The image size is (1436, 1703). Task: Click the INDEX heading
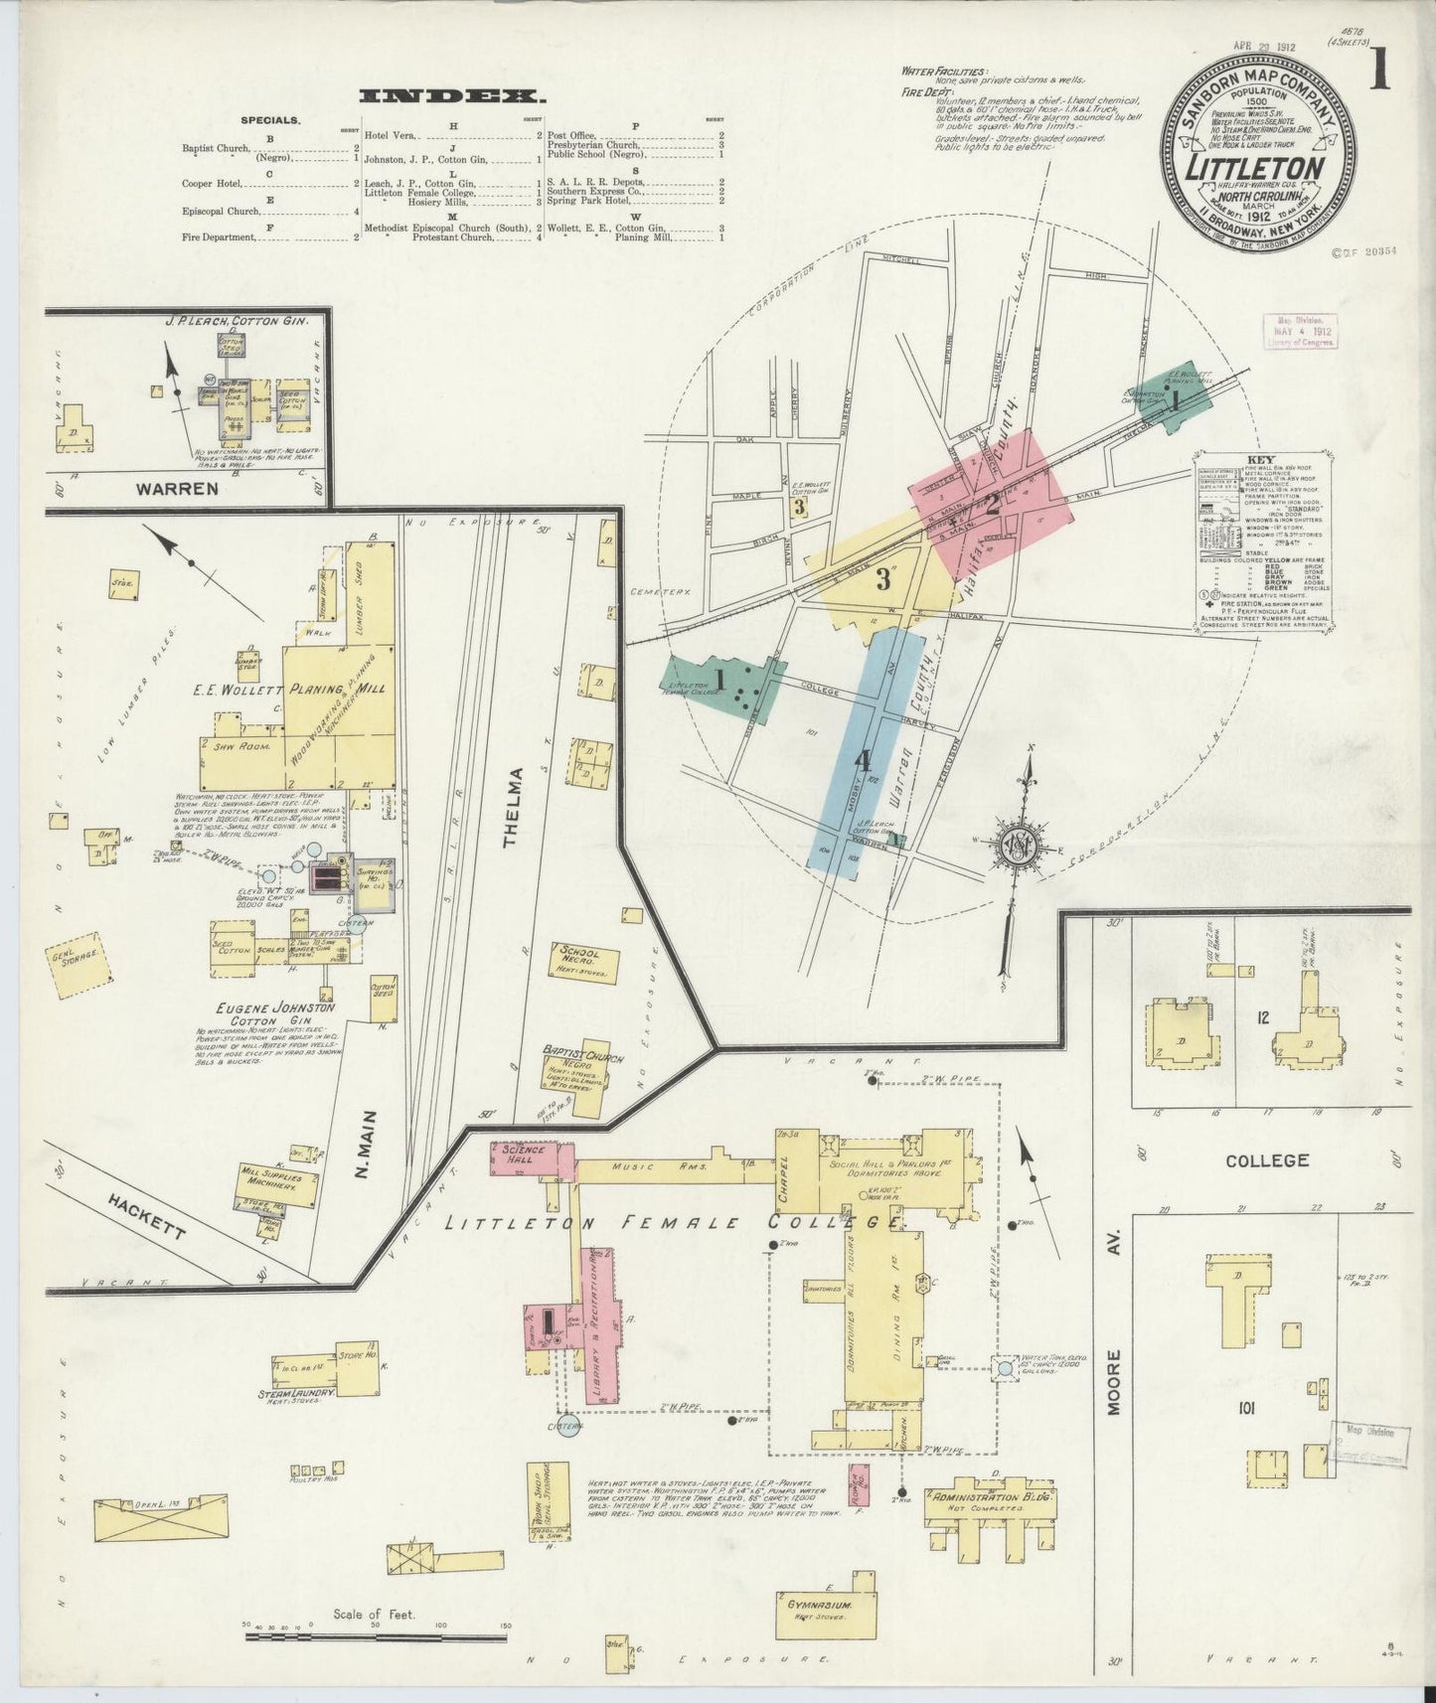pos(452,96)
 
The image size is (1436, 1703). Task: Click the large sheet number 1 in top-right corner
pos(1379,76)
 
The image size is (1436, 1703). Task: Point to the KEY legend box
pos(1264,542)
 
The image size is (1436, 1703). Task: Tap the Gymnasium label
pos(818,1605)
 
